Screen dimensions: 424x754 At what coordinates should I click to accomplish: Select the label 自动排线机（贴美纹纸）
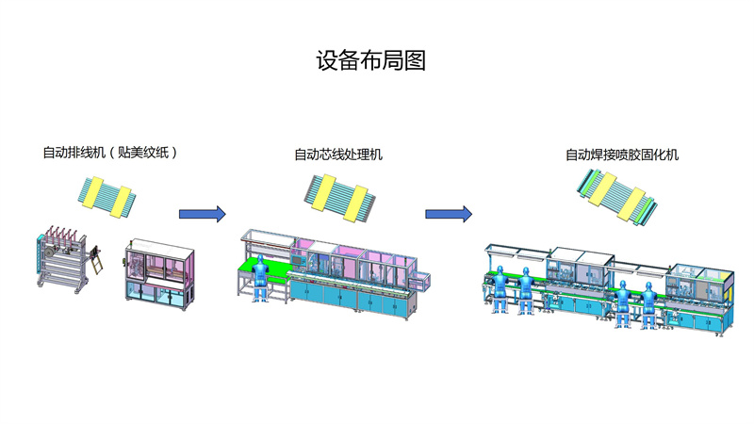click(110, 152)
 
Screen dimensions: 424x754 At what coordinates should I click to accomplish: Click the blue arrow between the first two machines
click(203, 214)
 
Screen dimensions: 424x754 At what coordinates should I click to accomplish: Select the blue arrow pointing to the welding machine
click(448, 214)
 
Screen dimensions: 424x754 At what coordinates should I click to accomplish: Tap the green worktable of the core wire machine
click(265, 269)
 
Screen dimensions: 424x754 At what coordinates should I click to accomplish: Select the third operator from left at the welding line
click(623, 300)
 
